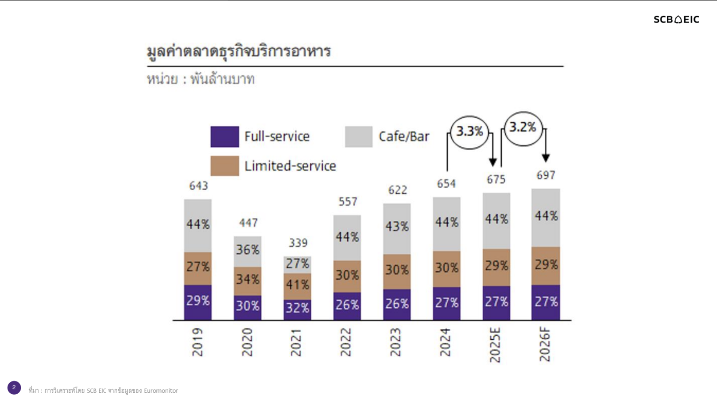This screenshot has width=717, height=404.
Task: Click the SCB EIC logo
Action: point(676,19)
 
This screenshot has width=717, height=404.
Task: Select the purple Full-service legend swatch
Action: point(225,137)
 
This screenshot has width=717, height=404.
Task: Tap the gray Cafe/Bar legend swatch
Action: point(358,137)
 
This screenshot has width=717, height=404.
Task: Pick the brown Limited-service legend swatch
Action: point(225,166)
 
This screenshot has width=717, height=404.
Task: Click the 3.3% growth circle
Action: point(470,132)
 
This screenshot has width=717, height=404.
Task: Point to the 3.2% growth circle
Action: point(523,128)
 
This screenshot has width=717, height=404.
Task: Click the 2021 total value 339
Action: point(298,243)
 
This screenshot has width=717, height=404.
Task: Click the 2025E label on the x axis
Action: point(495,345)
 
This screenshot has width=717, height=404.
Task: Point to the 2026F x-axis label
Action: point(545,345)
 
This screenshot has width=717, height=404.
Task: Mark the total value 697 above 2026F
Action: point(546,175)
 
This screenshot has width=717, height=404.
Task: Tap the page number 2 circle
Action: point(14,388)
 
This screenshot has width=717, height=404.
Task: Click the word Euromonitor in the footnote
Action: point(162,391)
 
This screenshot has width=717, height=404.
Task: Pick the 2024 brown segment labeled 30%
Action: point(447,269)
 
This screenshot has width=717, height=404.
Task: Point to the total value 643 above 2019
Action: point(198,186)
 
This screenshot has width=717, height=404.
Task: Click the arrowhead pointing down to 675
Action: point(493,162)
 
